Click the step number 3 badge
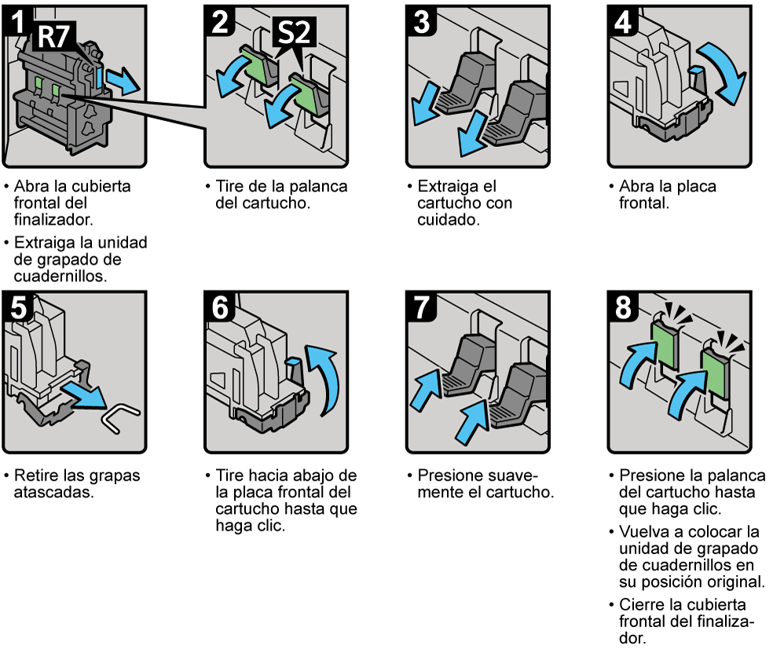tap(422, 20)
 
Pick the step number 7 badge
tap(422, 306)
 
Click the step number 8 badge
tap(624, 306)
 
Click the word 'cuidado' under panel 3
tap(445, 220)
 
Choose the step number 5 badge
tap(18, 306)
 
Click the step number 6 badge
tap(220, 306)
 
